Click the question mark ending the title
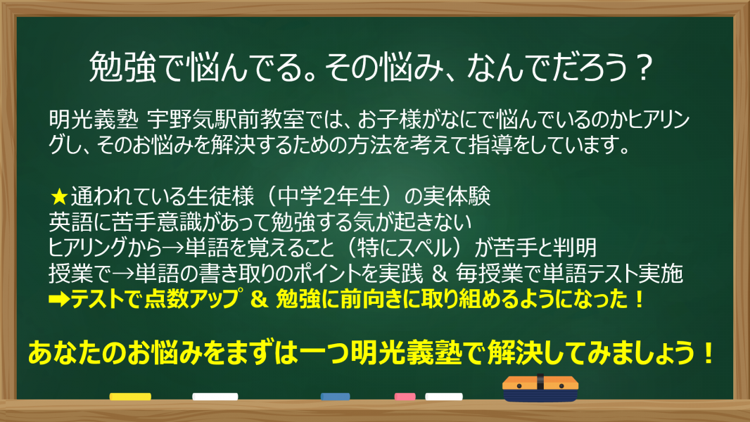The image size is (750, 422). (644, 68)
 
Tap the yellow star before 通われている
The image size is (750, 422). (59, 196)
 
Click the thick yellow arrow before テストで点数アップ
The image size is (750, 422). (59, 300)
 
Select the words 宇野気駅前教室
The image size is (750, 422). (225, 120)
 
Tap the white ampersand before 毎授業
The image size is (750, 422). (440, 274)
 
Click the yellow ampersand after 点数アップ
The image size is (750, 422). (259, 299)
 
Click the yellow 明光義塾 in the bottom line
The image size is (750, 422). (406, 353)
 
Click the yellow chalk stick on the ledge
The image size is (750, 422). (130, 397)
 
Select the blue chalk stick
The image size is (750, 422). (336, 397)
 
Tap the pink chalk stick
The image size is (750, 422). (405, 397)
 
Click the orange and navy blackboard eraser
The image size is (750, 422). (540, 388)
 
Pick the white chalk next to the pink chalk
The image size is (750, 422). (444, 397)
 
